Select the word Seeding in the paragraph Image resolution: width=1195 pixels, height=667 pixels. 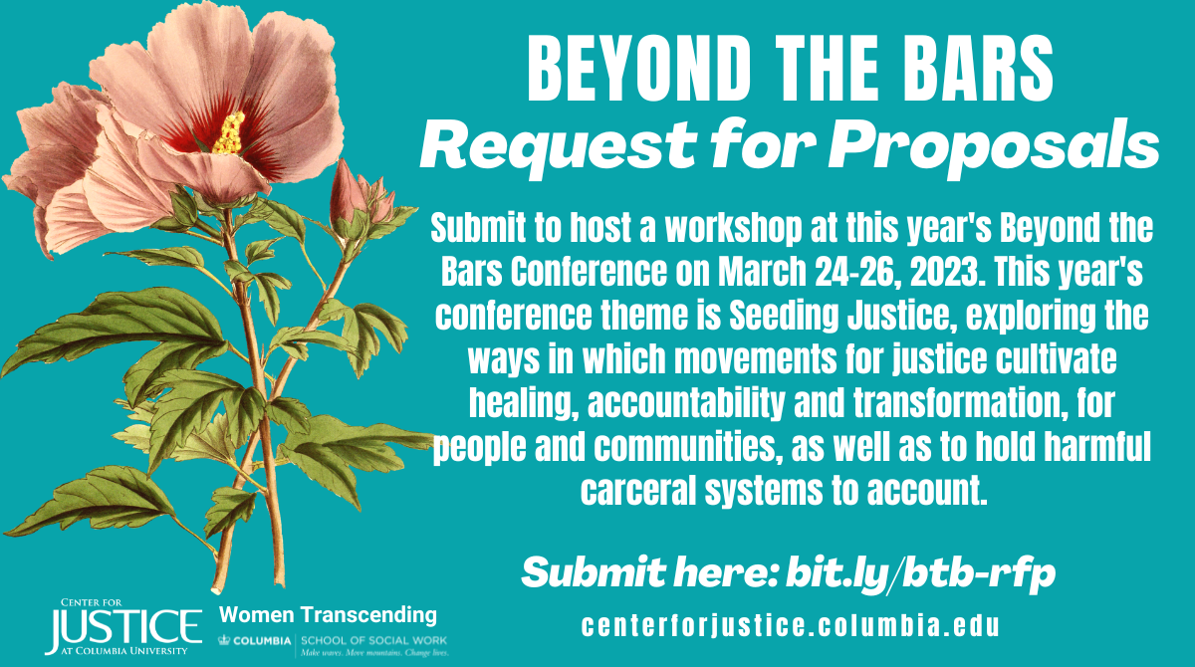(784, 316)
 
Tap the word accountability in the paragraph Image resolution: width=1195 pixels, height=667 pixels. (686, 403)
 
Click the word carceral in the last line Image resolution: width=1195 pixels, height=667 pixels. (638, 490)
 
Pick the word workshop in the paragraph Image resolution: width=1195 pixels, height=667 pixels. (734, 228)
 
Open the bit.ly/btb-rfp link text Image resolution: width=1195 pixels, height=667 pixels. (920, 572)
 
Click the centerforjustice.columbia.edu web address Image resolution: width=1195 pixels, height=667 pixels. (790, 626)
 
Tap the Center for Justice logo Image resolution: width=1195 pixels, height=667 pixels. (123, 626)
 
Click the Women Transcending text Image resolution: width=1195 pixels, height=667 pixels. (328, 615)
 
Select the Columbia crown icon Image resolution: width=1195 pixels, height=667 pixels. (224, 640)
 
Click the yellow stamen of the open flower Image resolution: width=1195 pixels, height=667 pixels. (230, 133)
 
